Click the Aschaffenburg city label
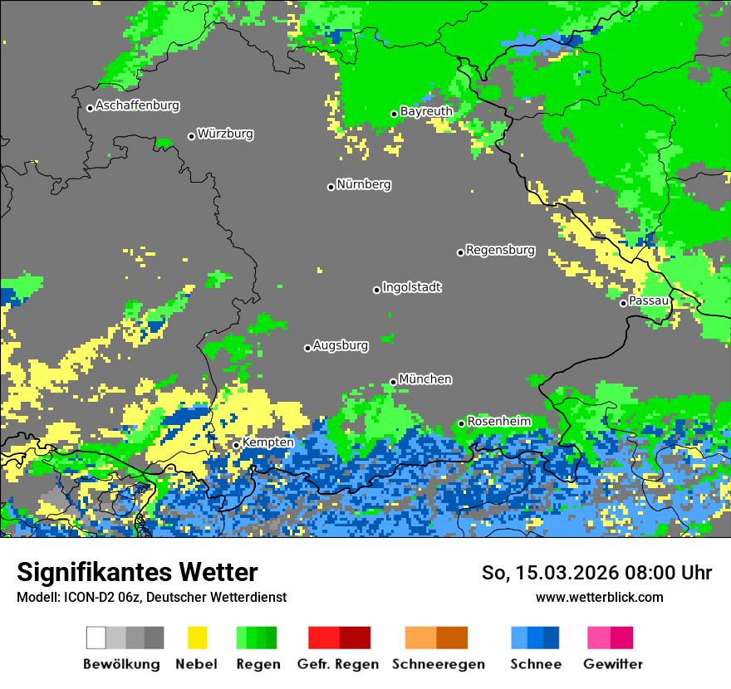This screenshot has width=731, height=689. pos(137,105)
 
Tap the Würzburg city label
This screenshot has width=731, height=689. pos(225,134)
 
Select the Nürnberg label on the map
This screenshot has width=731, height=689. pos(364,184)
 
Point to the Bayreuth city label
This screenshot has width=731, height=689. pos(426,111)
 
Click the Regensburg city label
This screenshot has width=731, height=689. pos(500,250)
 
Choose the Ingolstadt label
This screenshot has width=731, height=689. pos(412,287)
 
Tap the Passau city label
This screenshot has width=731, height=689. pos(649,301)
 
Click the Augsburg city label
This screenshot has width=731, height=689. pos(341,345)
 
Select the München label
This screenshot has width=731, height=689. pos(425,379)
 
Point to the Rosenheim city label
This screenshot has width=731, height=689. pos(498,422)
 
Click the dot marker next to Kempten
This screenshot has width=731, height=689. pos(236,445)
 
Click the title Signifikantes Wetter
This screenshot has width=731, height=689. pos(137,573)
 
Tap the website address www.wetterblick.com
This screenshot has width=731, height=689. pos(599,597)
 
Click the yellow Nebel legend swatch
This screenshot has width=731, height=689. pos(197,638)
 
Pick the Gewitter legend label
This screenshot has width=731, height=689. pos(613,664)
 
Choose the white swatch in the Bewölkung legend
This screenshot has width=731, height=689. pos(96,638)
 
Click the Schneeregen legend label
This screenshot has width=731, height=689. pos(438,664)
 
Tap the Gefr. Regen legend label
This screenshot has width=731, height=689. pos(337,664)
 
